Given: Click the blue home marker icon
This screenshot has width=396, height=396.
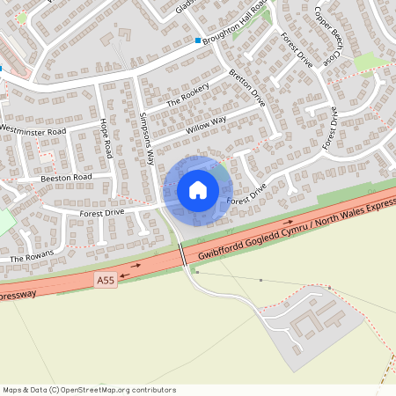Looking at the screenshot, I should coord(198,190).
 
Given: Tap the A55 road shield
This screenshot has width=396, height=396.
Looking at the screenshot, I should coord(105,279).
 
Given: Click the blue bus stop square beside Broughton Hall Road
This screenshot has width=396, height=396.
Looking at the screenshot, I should coord(198,40).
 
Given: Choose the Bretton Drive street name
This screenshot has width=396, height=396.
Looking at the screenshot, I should coord(247,88).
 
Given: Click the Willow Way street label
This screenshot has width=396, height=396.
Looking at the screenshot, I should coord(206,125).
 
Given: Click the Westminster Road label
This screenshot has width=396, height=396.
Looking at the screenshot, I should coord(33,131).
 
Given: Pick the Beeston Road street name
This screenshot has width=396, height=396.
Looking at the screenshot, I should coord(66,178).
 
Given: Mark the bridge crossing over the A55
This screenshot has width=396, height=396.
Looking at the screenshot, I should coord(183,255).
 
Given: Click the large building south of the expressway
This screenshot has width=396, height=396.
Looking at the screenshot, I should coord(312,320).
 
